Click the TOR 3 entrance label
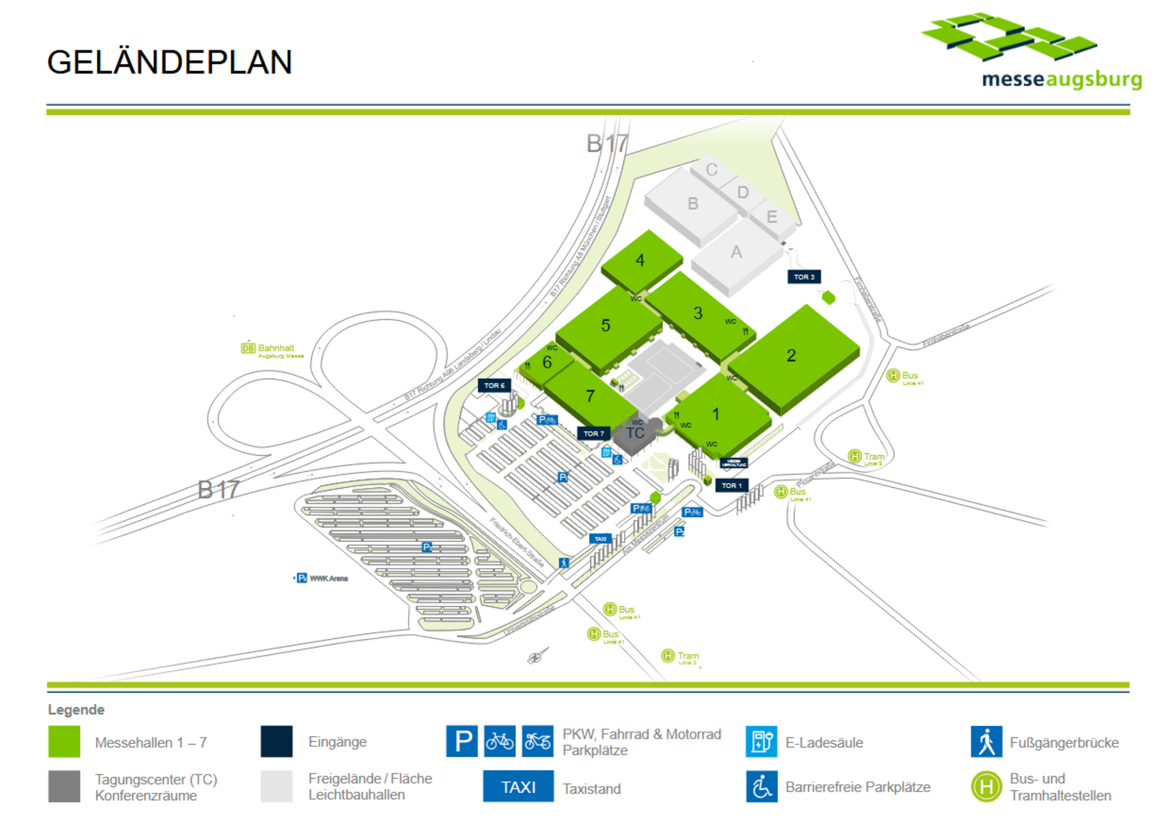click(x=804, y=277)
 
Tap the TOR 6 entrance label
click(x=494, y=386)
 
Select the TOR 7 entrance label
click(x=593, y=433)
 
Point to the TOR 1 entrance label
click(x=732, y=485)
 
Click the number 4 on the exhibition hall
click(x=640, y=260)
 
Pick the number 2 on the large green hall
click(x=791, y=355)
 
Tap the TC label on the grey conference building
click(x=636, y=433)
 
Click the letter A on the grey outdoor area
click(x=736, y=252)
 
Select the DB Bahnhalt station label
click(x=273, y=349)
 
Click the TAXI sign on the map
click(x=601, y=539)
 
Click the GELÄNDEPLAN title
click(x=170, y=63)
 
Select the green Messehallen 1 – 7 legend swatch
click(x=64, y=742)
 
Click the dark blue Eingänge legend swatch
click(x=276, y=742)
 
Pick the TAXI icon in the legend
click(x=517, y=787)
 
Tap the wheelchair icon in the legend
click(x=761, y=787)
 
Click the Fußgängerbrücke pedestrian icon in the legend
click(x=985, y=742)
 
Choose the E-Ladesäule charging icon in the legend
click(x=761, y=742)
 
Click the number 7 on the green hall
click(x=590, y=396)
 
